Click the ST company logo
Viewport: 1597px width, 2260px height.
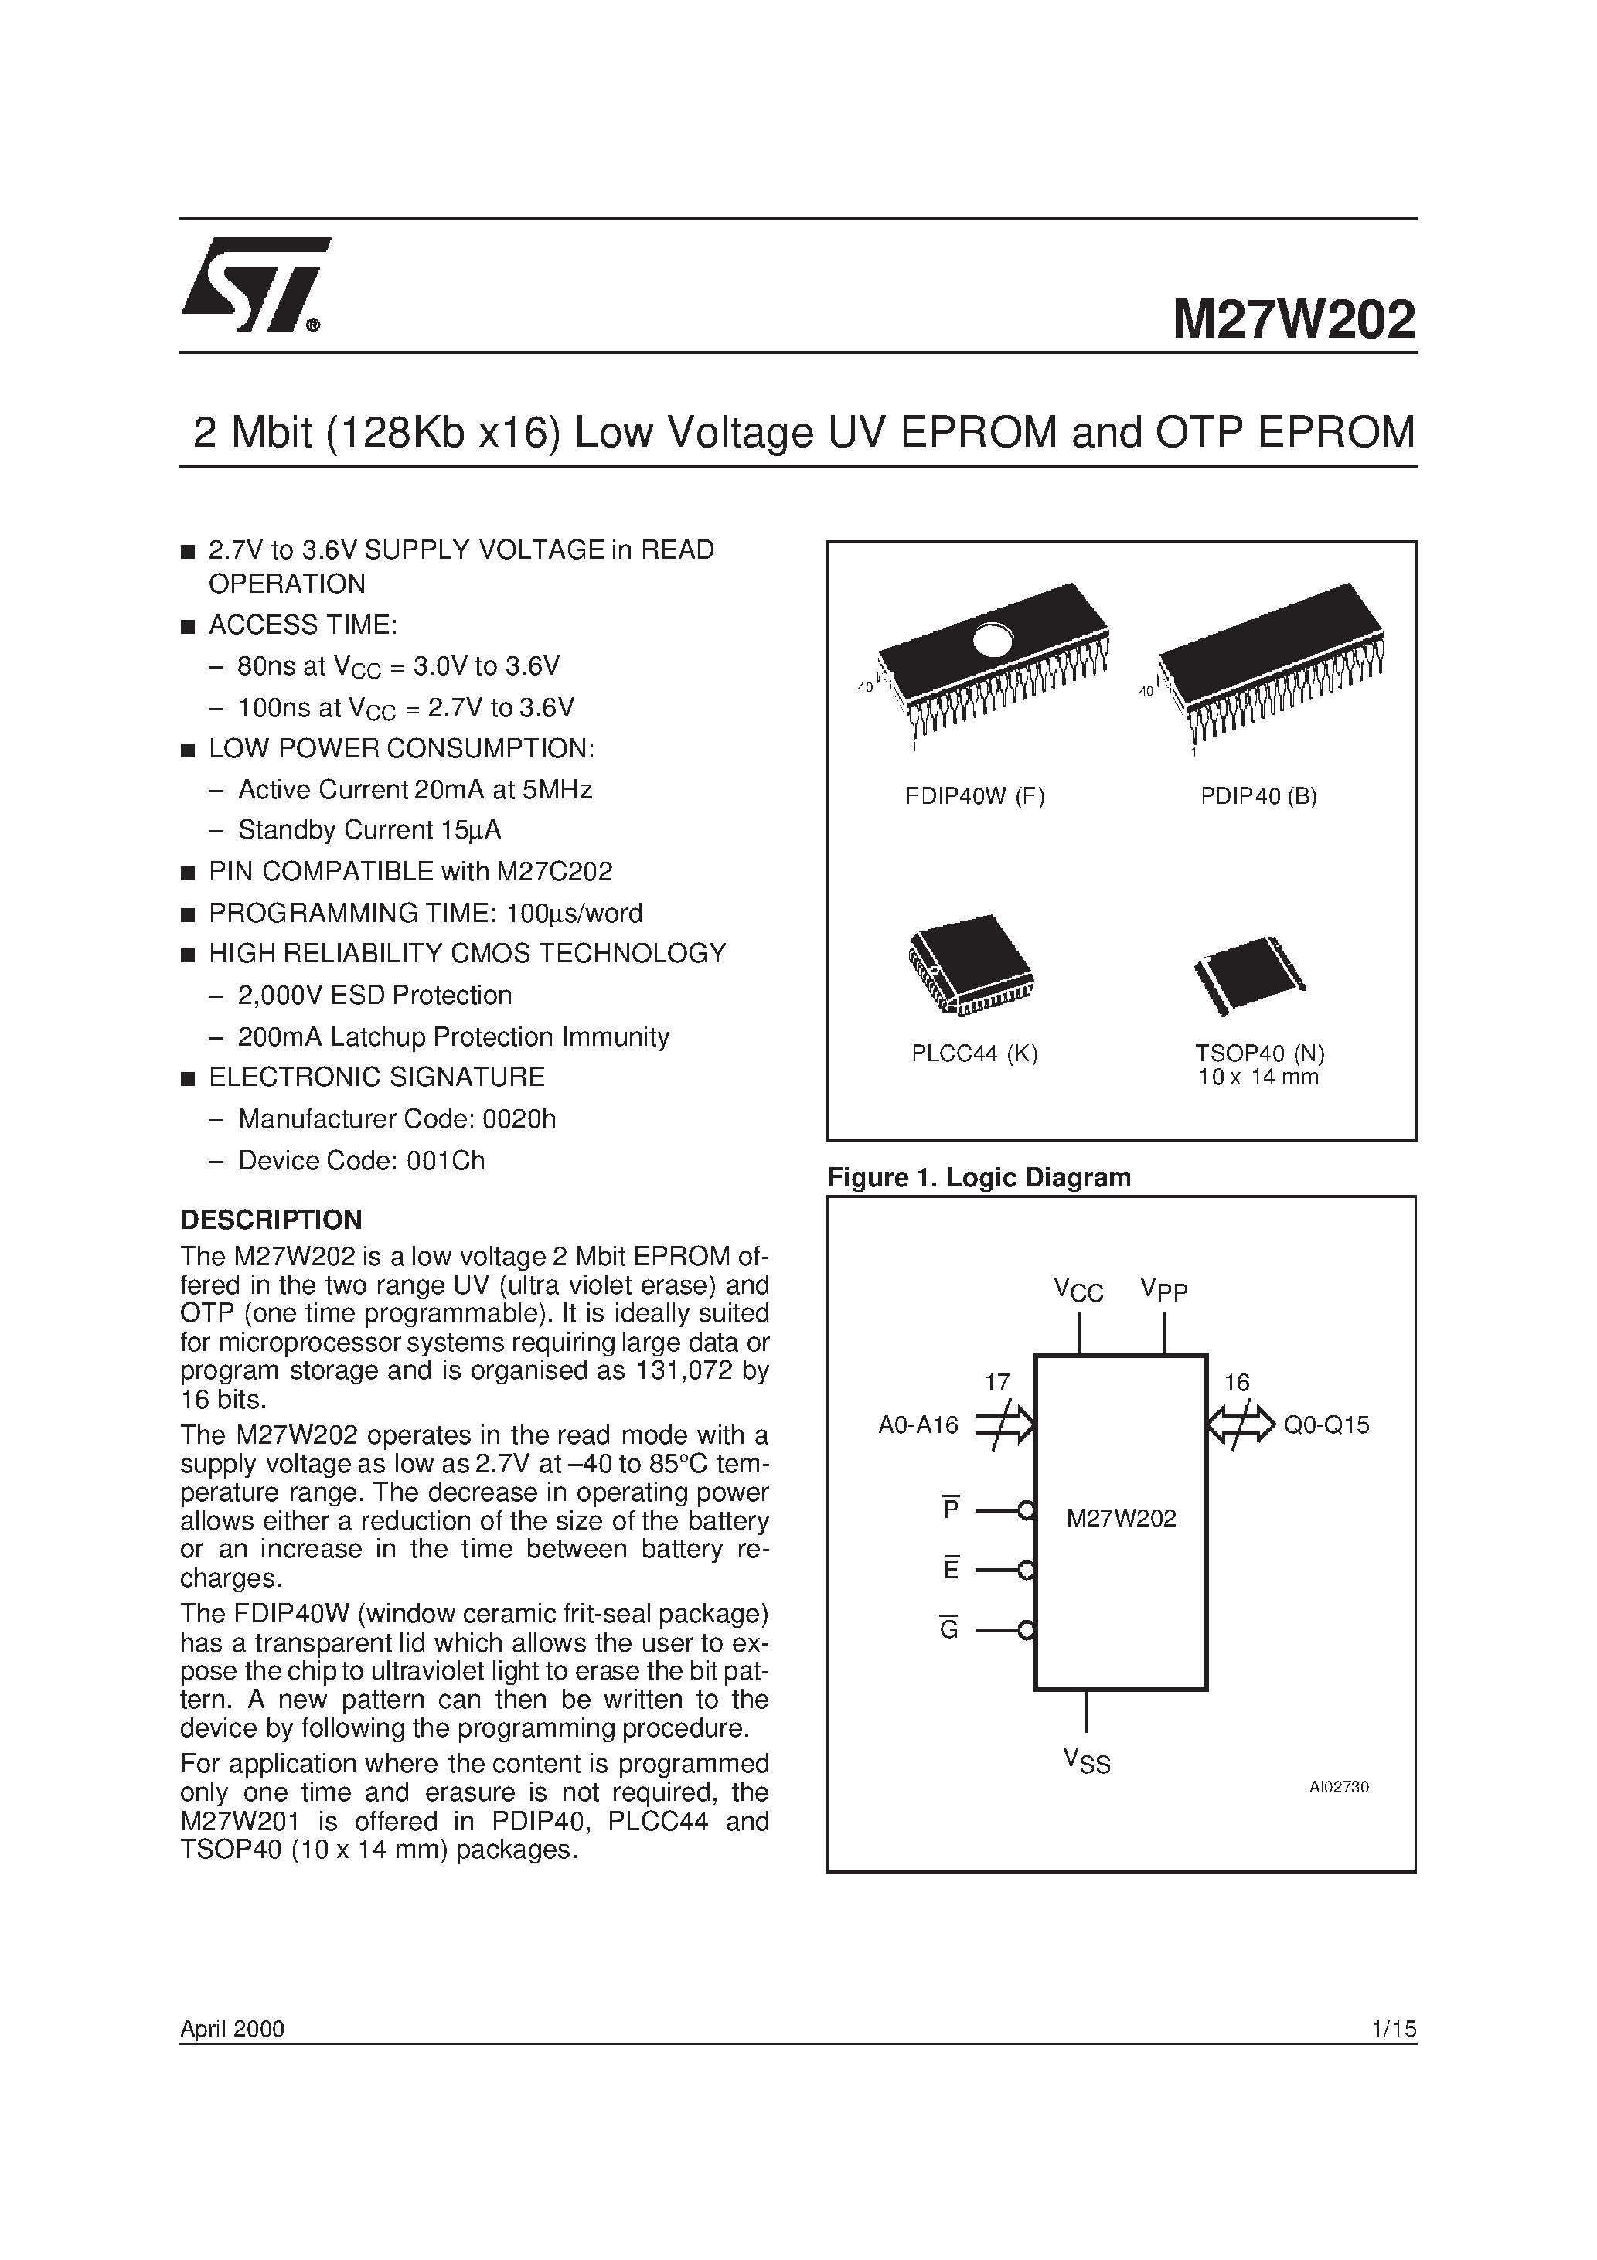pyautogui.click(x=254, y=284)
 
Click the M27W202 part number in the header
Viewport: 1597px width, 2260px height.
pyautogui.click(x=1292, y=321)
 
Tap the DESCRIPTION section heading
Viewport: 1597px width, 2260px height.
pyautogui.click(x=271, y=1220)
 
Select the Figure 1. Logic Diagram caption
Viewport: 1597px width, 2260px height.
pyautogui.click(x=979, y=1177)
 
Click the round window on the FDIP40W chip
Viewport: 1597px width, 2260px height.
pyautogui.click(x=992, y=641)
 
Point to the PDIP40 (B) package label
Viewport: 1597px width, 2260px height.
pyautogui.click(x=1258, y=796)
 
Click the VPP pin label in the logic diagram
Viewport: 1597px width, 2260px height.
pyautogui.click(x=1164, y=1291)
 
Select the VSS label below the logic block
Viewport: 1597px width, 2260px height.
pyautogui.click(x=1087, y=1761)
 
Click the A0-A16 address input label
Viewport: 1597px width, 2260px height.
pyautogui.click(x=918, y=1425)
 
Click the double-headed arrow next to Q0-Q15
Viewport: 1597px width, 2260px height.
pyautogui.click(x=1241, y=1424)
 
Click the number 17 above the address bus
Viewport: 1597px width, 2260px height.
pyautogui.click(x=997, y=1383)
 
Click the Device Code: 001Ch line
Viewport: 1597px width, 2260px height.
pyautogui.click(x=361, y=1160)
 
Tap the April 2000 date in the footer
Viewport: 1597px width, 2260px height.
pyautogui.click(x=233, y=2029)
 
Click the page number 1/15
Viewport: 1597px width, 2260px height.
pyautogui.click(x=1392, y=2029)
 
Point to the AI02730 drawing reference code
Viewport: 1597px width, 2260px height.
pyautogui.click(x=1338, y=1786)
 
